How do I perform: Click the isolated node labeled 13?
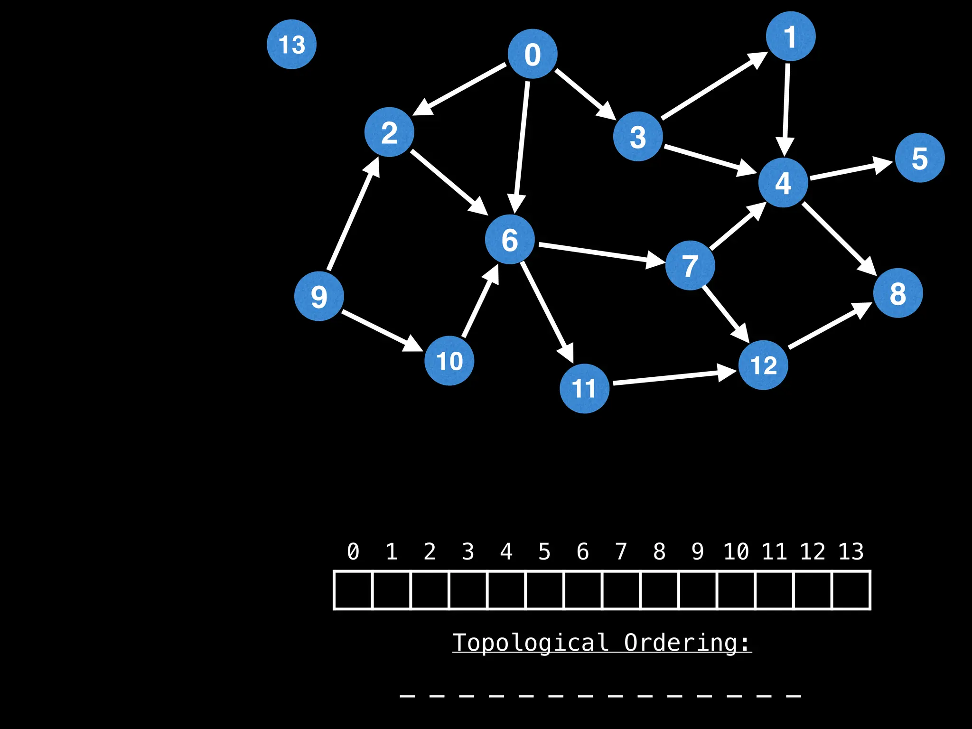pyautogui.click(x=291, y=44)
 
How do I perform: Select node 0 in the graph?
pyautogui.click(x=533, y=54)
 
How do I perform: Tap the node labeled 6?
pyautogui.click(x=510, y=239)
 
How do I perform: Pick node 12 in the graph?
pyautogui.click(x=763, y=365)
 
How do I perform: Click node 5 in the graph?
pyautogui.click(x=920, y=158)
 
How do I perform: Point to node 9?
pyautogui.click(x=319, y=296)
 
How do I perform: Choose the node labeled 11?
pyautogui.click(x=584, y=388)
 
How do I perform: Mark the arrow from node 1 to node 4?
pyautogui.click(x=786, y=109)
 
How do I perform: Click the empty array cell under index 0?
pyautogui.click(x=353, y=590)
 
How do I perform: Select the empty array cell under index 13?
pyautogui.click(x=851, y=590)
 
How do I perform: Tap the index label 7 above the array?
pyautogui.click(x=621, y=551)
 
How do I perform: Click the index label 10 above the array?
pyautogui.click(x=736, y=551)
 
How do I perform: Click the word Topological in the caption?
pyautogui.click(x=530, y=643)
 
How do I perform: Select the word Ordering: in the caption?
pyautogui.click(x=687, y=643)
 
